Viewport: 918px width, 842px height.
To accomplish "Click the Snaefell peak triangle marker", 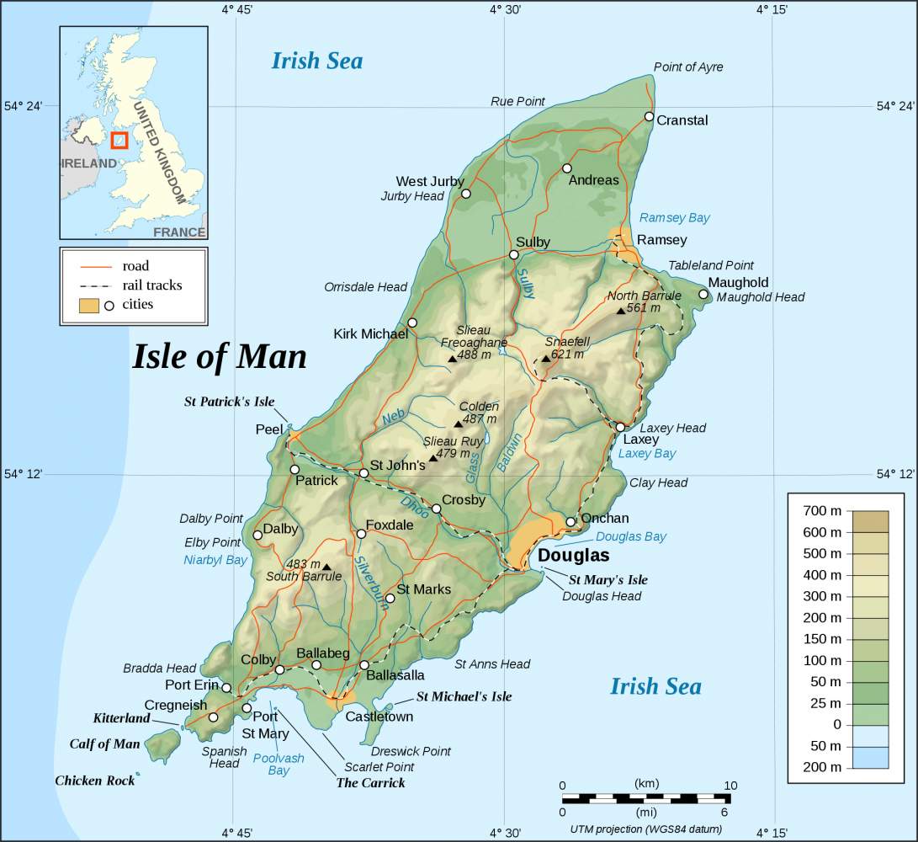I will pyautogui.click(x=545, y=359).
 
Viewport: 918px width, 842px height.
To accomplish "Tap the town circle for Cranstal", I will pyautogui.click(x=649, y=117).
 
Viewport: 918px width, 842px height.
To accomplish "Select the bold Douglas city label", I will pyautogui.click(x=573, y=557).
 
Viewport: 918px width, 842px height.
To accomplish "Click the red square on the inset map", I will pyautogui.click(x=119, y=140).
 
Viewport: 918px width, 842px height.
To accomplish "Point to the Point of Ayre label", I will pyautogui.click(x=687, y=67).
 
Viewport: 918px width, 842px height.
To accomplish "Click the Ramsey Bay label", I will pyautogui.click(x=674, y=218).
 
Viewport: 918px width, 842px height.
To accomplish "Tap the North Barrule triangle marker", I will pyautogui.click(x=620, y=311).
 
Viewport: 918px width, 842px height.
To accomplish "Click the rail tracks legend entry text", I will pyautogui.click(x=151, y=285).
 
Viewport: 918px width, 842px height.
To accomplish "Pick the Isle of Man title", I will pyautogui.click(x=219, y=357).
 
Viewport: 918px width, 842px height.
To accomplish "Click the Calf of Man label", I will pyautogui.click(x=104, y=744).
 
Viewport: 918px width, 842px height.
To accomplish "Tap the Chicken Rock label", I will pyautogui.click(x=94, y=781).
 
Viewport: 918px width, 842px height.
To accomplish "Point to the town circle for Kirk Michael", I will pyautogui.click(x=412, y=322).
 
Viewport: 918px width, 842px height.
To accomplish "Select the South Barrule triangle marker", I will pyautogui.click(x=326, y=567).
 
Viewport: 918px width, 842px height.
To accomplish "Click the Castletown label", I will pyautogui.click(x=379, y=717).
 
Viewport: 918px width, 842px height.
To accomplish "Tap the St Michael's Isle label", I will pyautogui.click(x=464, y=697).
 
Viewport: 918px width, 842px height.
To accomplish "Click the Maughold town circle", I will pyautogui.click(x=703, y=294).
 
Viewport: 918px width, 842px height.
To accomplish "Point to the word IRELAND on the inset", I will pyautogui.click(x=88, y=163).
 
